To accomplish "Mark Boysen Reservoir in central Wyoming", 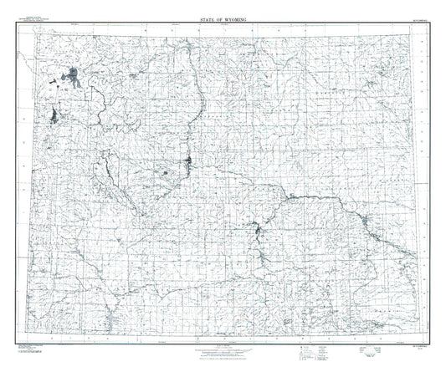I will (190, 161).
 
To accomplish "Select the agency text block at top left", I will (39, 17).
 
